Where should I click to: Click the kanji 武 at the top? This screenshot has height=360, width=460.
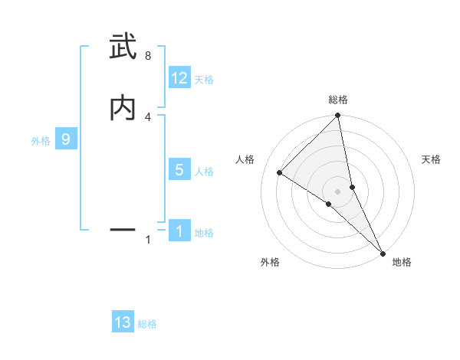click(123, 47)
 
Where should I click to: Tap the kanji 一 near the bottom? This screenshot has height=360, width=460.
click(123, 229)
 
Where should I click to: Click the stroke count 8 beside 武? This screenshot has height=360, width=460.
click(148, 56)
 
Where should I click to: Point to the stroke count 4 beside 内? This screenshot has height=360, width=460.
click(148, 116)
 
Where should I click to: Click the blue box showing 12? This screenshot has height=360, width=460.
click(179, 78)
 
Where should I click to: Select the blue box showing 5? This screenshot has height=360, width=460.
click(179, 170)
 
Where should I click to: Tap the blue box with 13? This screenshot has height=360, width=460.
click(123, 323)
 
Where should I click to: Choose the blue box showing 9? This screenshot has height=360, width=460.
click(66, 139)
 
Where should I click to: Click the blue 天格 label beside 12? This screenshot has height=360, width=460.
click(204, 80)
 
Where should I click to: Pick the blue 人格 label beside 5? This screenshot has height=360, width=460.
click(204, 172)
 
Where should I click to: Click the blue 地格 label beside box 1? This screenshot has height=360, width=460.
click(204, 233)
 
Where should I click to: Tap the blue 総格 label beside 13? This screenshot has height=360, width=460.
click(147, 325)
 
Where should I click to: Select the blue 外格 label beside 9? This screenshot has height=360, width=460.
click(41, 141)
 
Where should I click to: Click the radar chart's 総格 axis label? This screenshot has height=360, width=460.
click(338, 100)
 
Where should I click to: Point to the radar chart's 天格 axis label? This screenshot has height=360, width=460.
click(431, 159)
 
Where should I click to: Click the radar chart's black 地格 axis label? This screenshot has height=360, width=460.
click(402, 262)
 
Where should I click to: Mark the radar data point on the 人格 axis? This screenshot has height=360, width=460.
click(280, 172)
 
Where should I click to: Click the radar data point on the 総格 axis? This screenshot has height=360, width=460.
click(338, 116)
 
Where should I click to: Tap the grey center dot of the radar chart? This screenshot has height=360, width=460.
click(338, 191)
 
